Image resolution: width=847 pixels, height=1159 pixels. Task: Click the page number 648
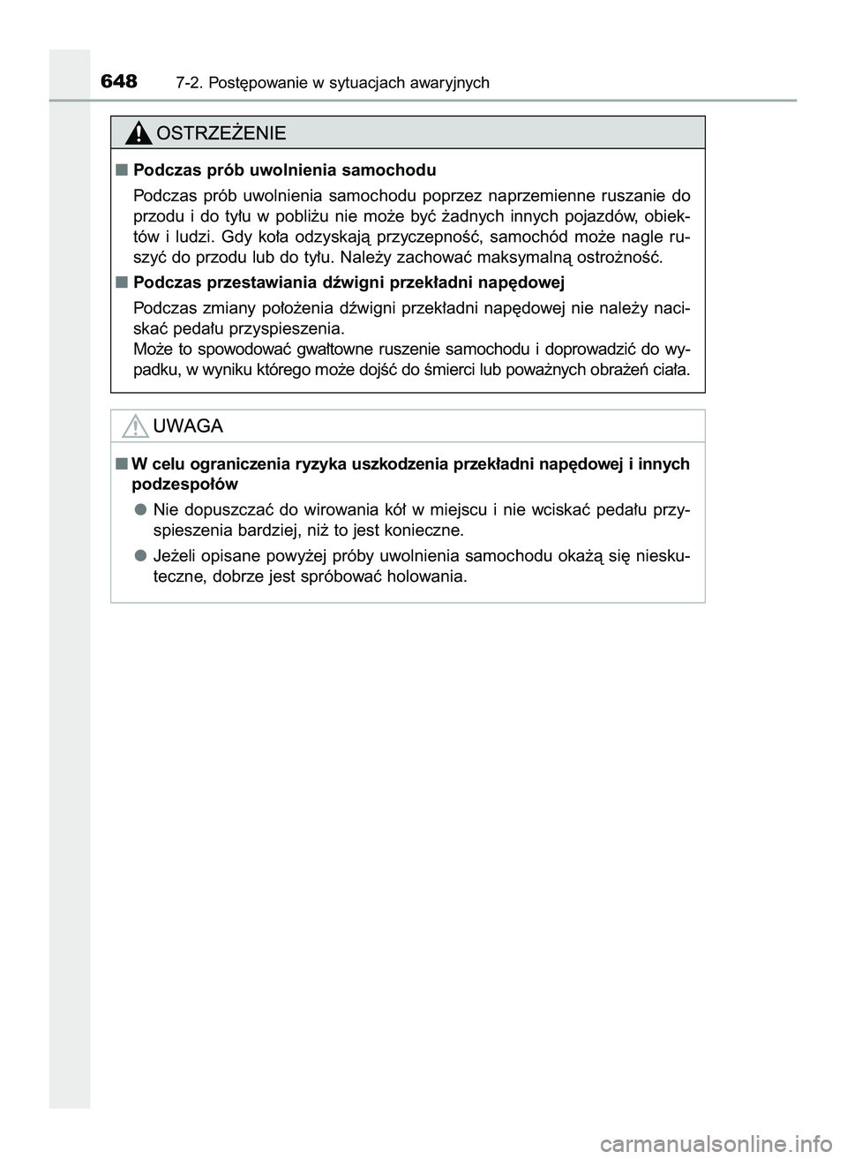(x=119, y=82)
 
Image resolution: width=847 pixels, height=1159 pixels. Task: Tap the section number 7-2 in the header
(x=187, y=84)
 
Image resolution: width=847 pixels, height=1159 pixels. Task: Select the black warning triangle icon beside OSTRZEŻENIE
(x=138, y=133)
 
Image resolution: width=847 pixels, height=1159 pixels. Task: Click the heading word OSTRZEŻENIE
(x=221, y=133)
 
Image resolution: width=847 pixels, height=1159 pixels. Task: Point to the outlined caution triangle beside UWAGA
(x=135, y=427)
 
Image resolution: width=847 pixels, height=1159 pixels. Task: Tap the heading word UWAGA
(x=188, y=426)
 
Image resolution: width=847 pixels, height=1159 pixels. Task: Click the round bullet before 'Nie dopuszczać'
(x=140, y=510)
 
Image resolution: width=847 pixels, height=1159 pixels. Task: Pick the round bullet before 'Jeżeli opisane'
(x=140, y=556)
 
